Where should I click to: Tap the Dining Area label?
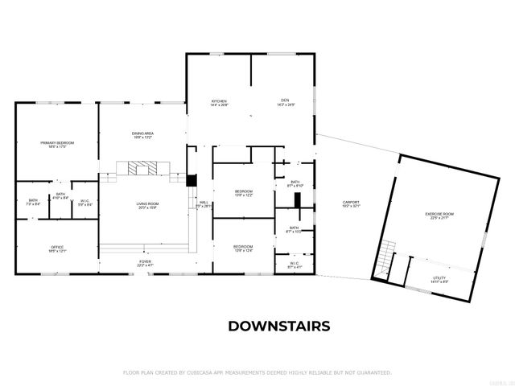[x=143, y=133]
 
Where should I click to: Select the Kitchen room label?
[x=219, y=101]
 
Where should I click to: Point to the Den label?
[x=286, y=101]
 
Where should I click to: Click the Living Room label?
[x=147, y=203]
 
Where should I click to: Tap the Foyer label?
[x=145, y=261]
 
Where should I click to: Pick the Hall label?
[x=204, y=203]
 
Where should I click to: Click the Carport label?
[x=351, y=202]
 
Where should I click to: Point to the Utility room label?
[x=439, y=277]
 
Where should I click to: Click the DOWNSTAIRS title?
[x=278, y=326]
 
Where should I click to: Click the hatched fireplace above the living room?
[x=142, y=168]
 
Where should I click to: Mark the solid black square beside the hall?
[x=192, y=182]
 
